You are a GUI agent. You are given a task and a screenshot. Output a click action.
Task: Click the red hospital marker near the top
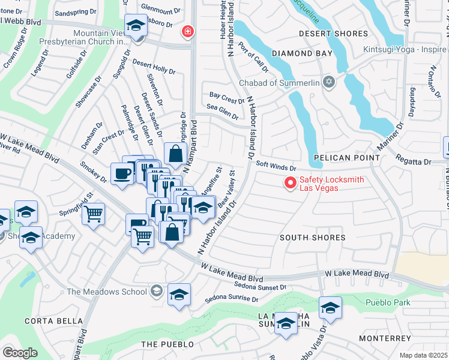(x=188, y=31)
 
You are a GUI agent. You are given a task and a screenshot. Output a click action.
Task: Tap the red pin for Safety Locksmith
(x=291, y=182)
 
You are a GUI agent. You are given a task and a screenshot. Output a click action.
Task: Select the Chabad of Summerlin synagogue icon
(x=328, y=82)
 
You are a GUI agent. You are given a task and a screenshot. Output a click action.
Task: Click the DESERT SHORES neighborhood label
(x=333, y=34)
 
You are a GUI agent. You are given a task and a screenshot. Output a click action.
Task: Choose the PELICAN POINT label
(x=346, y=158)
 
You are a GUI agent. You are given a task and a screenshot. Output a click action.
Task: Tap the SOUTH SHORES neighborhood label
(x=313, y=238)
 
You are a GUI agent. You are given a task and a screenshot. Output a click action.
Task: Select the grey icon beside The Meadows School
(x=157, y=292)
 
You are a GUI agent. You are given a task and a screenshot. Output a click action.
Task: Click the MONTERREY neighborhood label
(x=385, y=338)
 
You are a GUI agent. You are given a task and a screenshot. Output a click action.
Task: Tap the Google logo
(x=20, y=353)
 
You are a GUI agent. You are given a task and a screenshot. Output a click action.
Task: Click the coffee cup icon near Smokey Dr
(x=123, y=174)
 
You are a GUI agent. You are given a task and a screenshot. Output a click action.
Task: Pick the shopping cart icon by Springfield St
(x=93, y=213)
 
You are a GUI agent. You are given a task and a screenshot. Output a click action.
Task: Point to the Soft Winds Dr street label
(x=276, y=167)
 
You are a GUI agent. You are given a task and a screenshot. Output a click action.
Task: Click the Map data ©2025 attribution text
(x=423, y=355)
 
